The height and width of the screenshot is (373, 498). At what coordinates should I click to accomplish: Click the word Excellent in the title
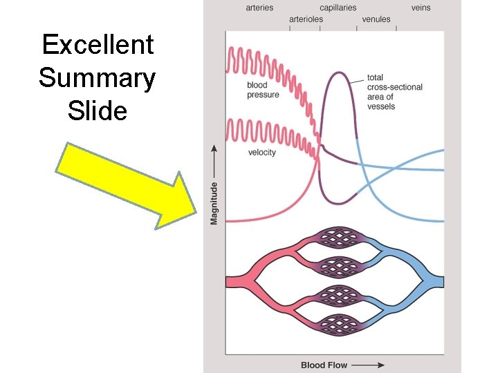(98, 45)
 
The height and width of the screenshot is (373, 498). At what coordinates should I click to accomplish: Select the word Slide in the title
(98, 110)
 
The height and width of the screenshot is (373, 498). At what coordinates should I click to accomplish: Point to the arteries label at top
(259, 8)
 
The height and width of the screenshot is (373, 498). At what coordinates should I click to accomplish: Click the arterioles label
(306, 19)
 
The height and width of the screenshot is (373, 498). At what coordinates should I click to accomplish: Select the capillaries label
(338, 8)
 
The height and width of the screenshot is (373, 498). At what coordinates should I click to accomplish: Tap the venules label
(376, 19)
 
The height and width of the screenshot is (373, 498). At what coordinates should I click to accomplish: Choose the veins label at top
(421, 8)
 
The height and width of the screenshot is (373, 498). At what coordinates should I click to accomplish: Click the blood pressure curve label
(264, 90)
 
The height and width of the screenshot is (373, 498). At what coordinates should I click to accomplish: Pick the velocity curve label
(262, 152)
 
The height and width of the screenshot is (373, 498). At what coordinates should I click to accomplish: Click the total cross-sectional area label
(394, 92)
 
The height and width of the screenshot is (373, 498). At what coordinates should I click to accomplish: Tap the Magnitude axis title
(214, 202)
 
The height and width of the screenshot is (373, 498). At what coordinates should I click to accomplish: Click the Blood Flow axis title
(324, 364)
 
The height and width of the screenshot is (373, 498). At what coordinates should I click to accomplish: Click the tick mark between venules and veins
(396, 28)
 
